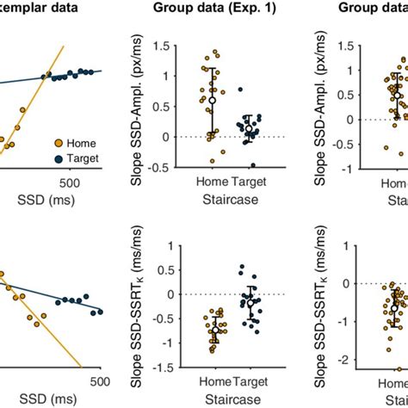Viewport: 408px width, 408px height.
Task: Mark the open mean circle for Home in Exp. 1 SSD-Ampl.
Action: pyautogui.click(x=212, y=101)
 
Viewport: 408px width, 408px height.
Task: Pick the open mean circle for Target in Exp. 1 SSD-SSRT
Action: pyautogui.click(x=250, y=303)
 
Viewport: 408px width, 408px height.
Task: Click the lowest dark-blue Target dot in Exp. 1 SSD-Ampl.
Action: pyautogui.click(x=252, y=165)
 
